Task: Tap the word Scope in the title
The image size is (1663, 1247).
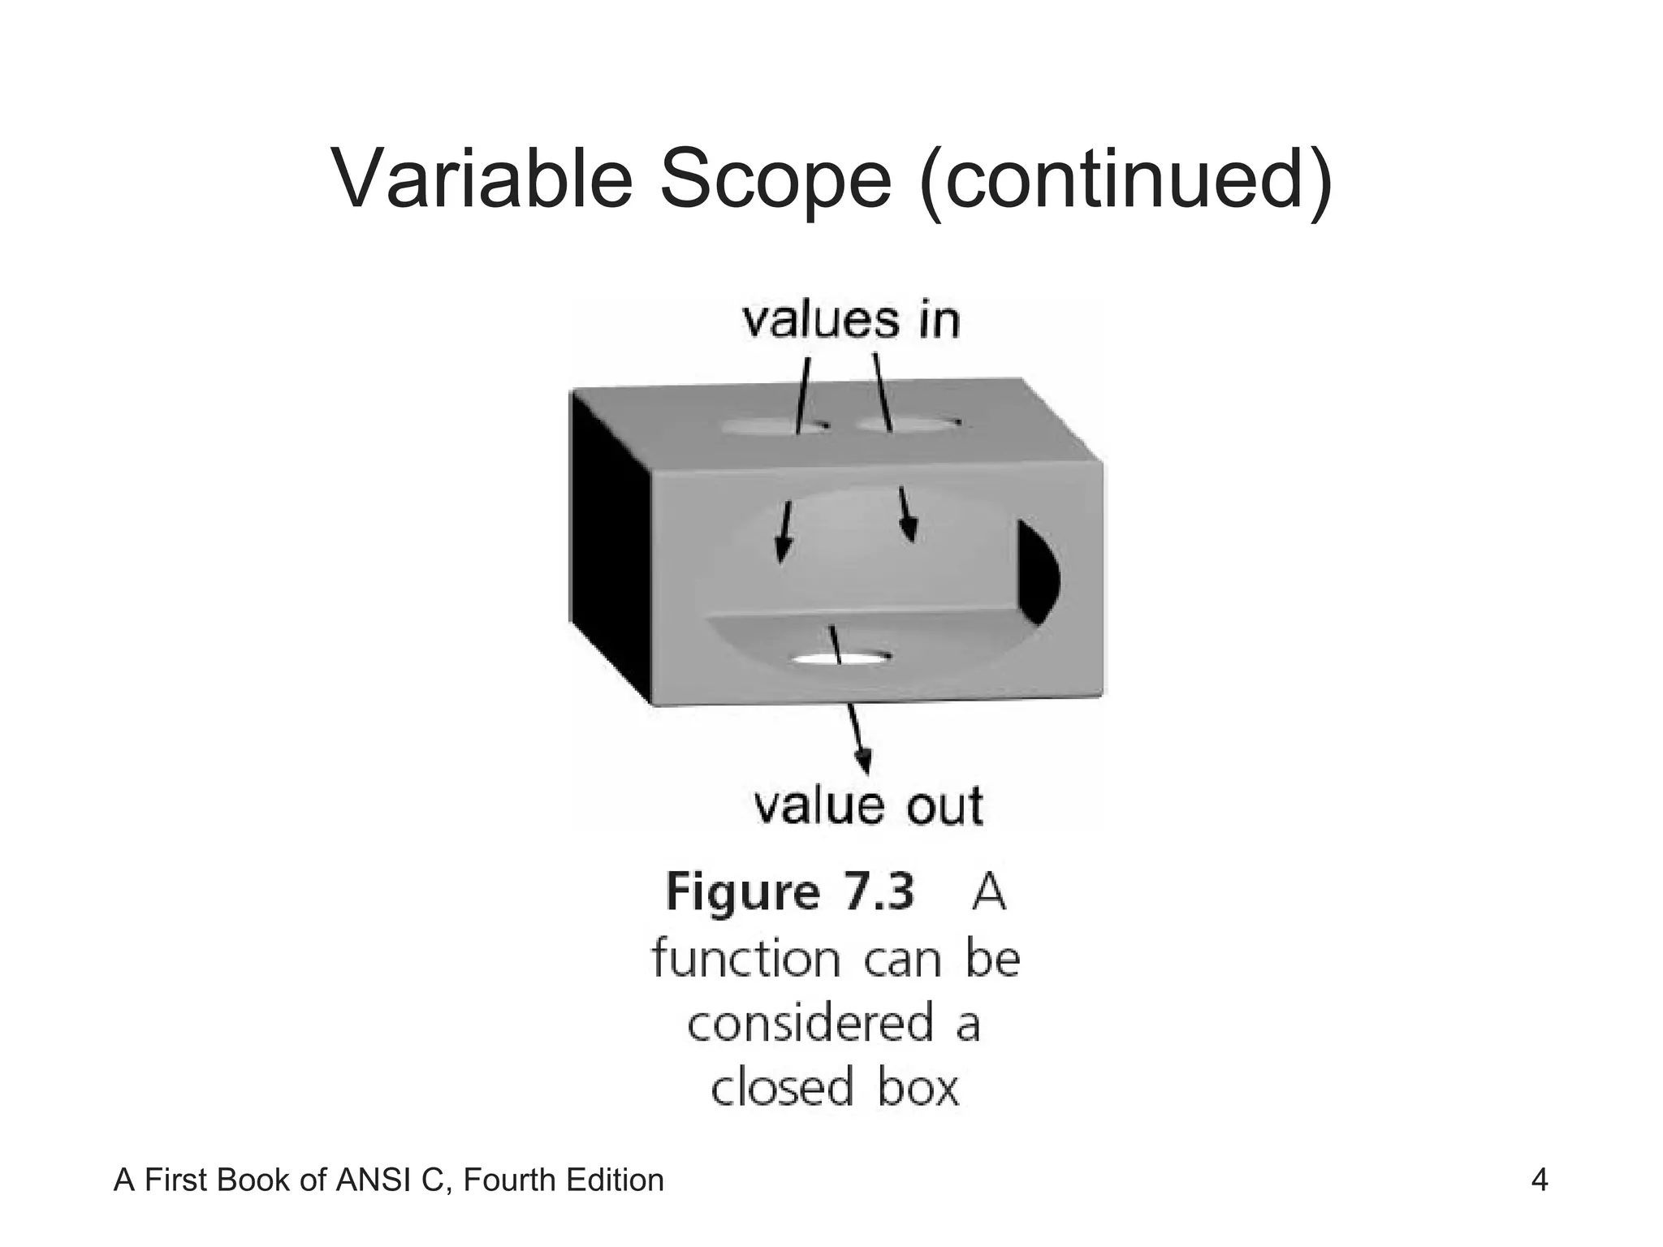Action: (x=775, y=180)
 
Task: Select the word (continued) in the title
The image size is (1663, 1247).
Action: (x=1124, y=180)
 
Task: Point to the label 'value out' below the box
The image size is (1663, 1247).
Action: (x=868, y=806)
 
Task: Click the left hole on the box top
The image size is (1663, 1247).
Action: (x=771, y=425)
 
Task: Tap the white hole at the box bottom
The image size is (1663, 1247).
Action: (x=840, y=658)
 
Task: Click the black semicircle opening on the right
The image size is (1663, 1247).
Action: (x=1037, y=572)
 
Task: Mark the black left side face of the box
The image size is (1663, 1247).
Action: (x=609, y=544)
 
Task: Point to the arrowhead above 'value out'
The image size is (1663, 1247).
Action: (x=866, y=762)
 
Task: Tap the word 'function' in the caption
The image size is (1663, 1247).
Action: (x=745, y=959)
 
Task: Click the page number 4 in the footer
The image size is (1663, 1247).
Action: (x=1539, y=1180)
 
